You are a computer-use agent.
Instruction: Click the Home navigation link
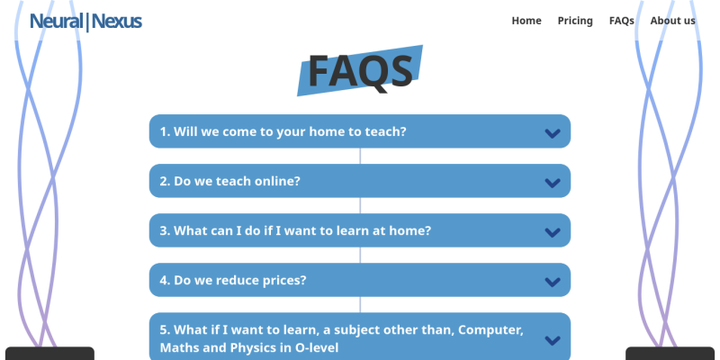click(x=526, y=21)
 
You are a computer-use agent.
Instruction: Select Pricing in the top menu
click(x=575, y=21)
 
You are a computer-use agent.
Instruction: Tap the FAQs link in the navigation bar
click(x=621, y=21)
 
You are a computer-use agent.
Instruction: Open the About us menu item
click(x=672, y=21)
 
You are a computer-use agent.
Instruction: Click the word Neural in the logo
click(x=56, y=21)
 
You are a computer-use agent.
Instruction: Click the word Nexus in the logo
click(x=116, y=21)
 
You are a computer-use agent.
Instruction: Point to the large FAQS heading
click(x=360, y=71)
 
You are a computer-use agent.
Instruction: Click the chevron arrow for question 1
click(x=553, y=133)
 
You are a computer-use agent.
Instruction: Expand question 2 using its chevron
click(x=553, y=183)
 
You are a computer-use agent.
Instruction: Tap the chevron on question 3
click(x=553, y=232)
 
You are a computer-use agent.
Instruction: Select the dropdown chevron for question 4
click(x=553, y=282)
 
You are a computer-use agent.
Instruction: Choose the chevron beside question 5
click(x=553, y=340)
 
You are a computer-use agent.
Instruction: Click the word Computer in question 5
click(x=490, y=330)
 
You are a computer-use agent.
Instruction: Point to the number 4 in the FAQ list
click(x=164, y=280)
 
